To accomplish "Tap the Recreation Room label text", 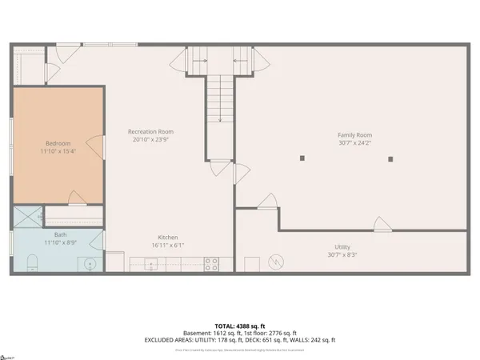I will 150,132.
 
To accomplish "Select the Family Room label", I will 354,135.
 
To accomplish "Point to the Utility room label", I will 342,247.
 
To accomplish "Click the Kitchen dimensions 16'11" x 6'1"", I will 167,245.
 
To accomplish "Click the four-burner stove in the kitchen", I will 212,262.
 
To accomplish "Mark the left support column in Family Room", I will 302,158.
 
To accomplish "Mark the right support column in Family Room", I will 390,158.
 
